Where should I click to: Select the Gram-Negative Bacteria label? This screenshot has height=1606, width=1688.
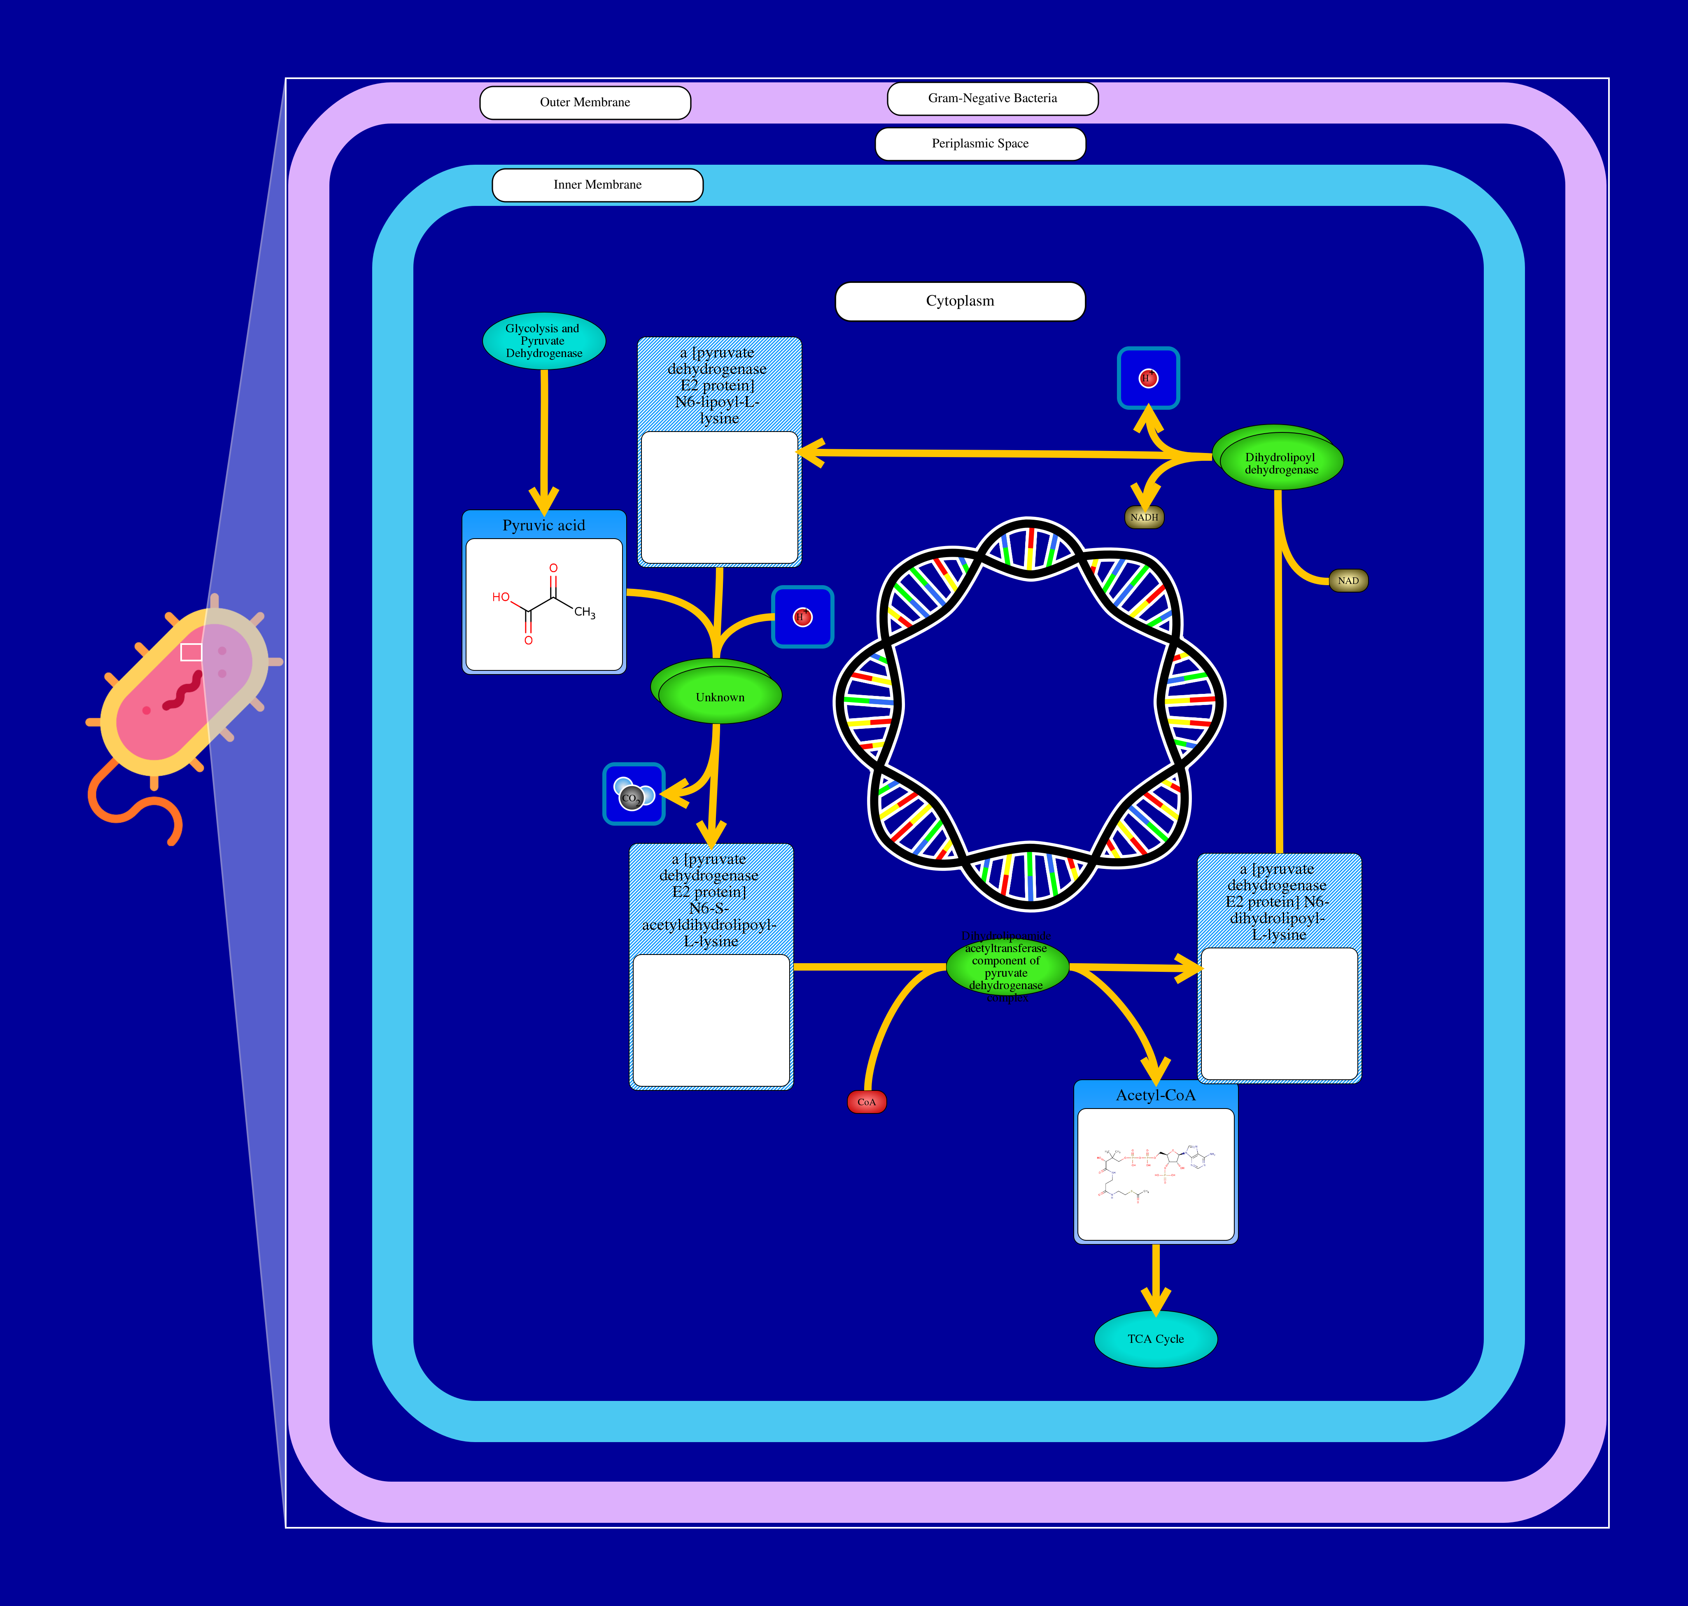(992, 98)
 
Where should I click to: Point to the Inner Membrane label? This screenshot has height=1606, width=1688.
(597, 185)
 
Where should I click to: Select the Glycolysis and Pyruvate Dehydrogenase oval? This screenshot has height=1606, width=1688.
(543, 341)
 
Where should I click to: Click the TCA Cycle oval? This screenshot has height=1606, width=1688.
(1156, 1339)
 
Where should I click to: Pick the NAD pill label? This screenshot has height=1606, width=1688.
(1348, 580)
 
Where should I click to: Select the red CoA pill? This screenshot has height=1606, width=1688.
(866, 1102)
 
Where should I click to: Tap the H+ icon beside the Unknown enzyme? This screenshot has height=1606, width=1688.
(802, 616)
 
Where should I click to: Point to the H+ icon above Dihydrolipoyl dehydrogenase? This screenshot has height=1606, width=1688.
(1148, 378)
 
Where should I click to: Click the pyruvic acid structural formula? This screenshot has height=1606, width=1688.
(543, 604)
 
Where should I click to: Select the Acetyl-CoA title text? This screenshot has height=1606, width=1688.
(1156, 1095)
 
